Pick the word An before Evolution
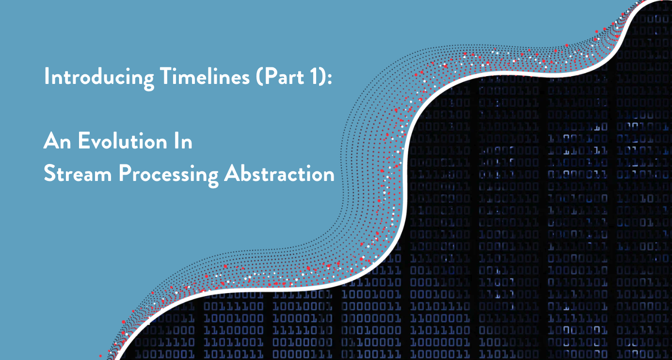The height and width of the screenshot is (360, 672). [x=56, y=141]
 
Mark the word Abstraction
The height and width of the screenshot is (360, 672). [x=279, y=174]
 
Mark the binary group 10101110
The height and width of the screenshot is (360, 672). [x=440, y=307]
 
